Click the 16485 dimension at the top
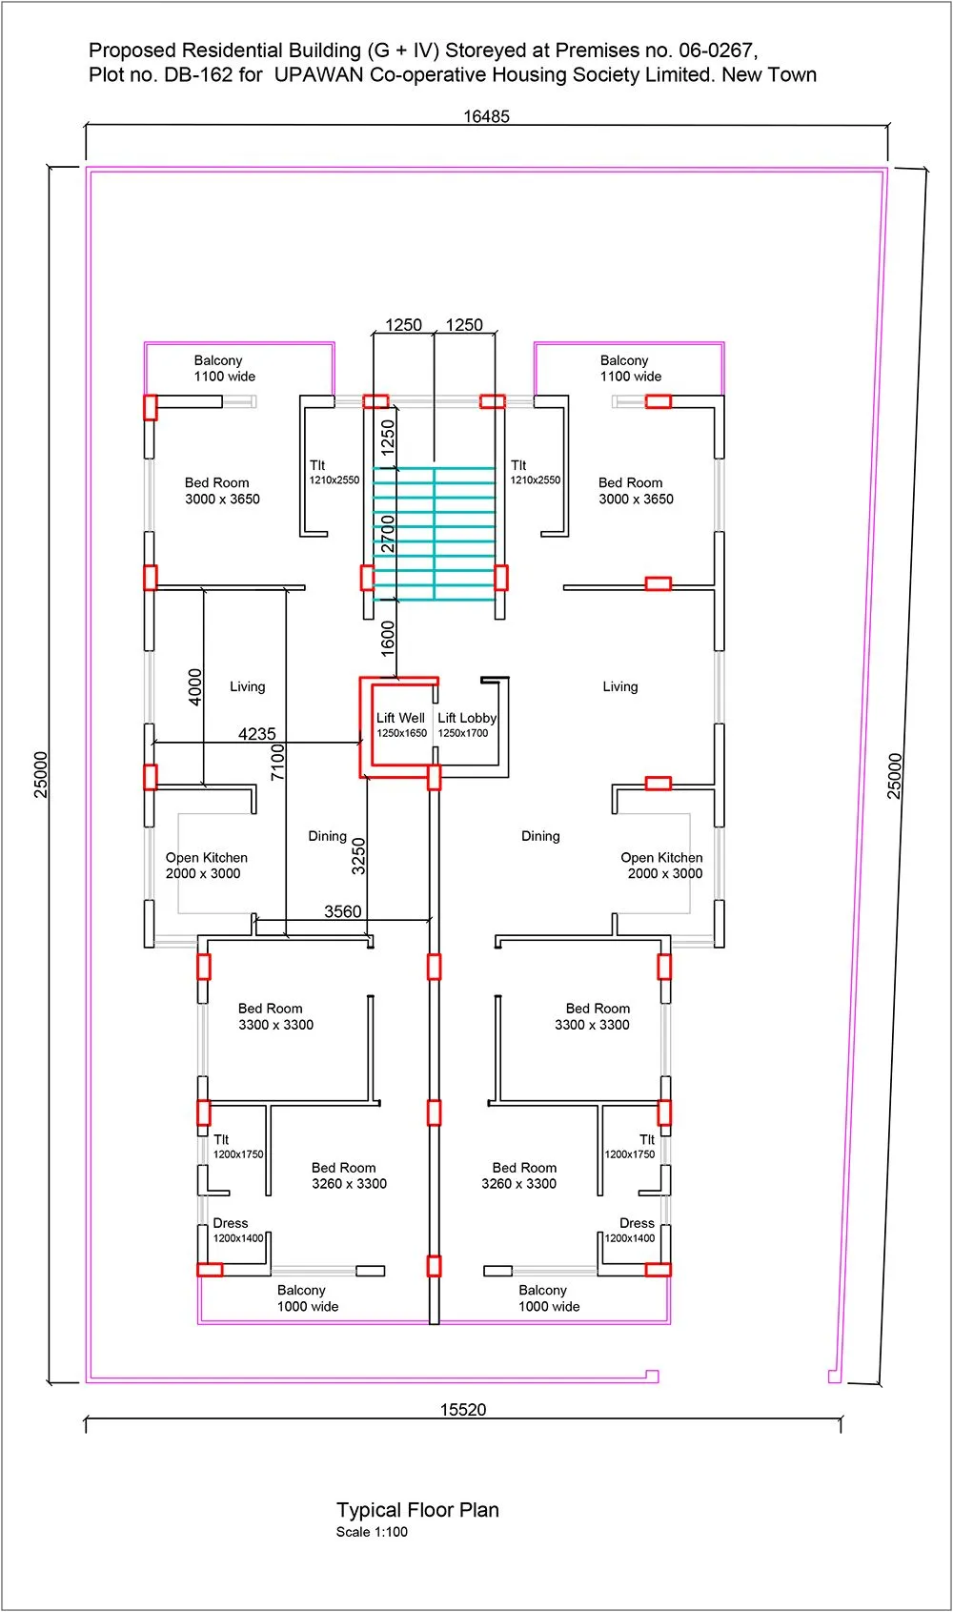(x=486, y=116)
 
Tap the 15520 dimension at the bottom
(x=463, y=1410)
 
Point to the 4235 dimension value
(x=256, y=734)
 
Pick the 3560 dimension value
(x=342, y=911)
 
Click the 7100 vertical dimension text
(x=277, y=763)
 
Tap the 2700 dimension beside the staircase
(x=388, y=534)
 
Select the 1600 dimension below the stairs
(x=388, y=638)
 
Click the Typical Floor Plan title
(x=417, y=1510)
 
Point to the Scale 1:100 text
(x=372, y=1533)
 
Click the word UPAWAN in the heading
(x=318, y=75)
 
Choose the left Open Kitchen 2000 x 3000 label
(x=206, y=866)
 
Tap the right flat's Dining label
(x=540, y=836)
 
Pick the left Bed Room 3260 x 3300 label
(x=348, y=1175)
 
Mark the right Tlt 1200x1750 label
(x=633, y=1146)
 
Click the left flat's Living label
(x=247, y=686)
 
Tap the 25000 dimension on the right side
(x=895, y=775)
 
